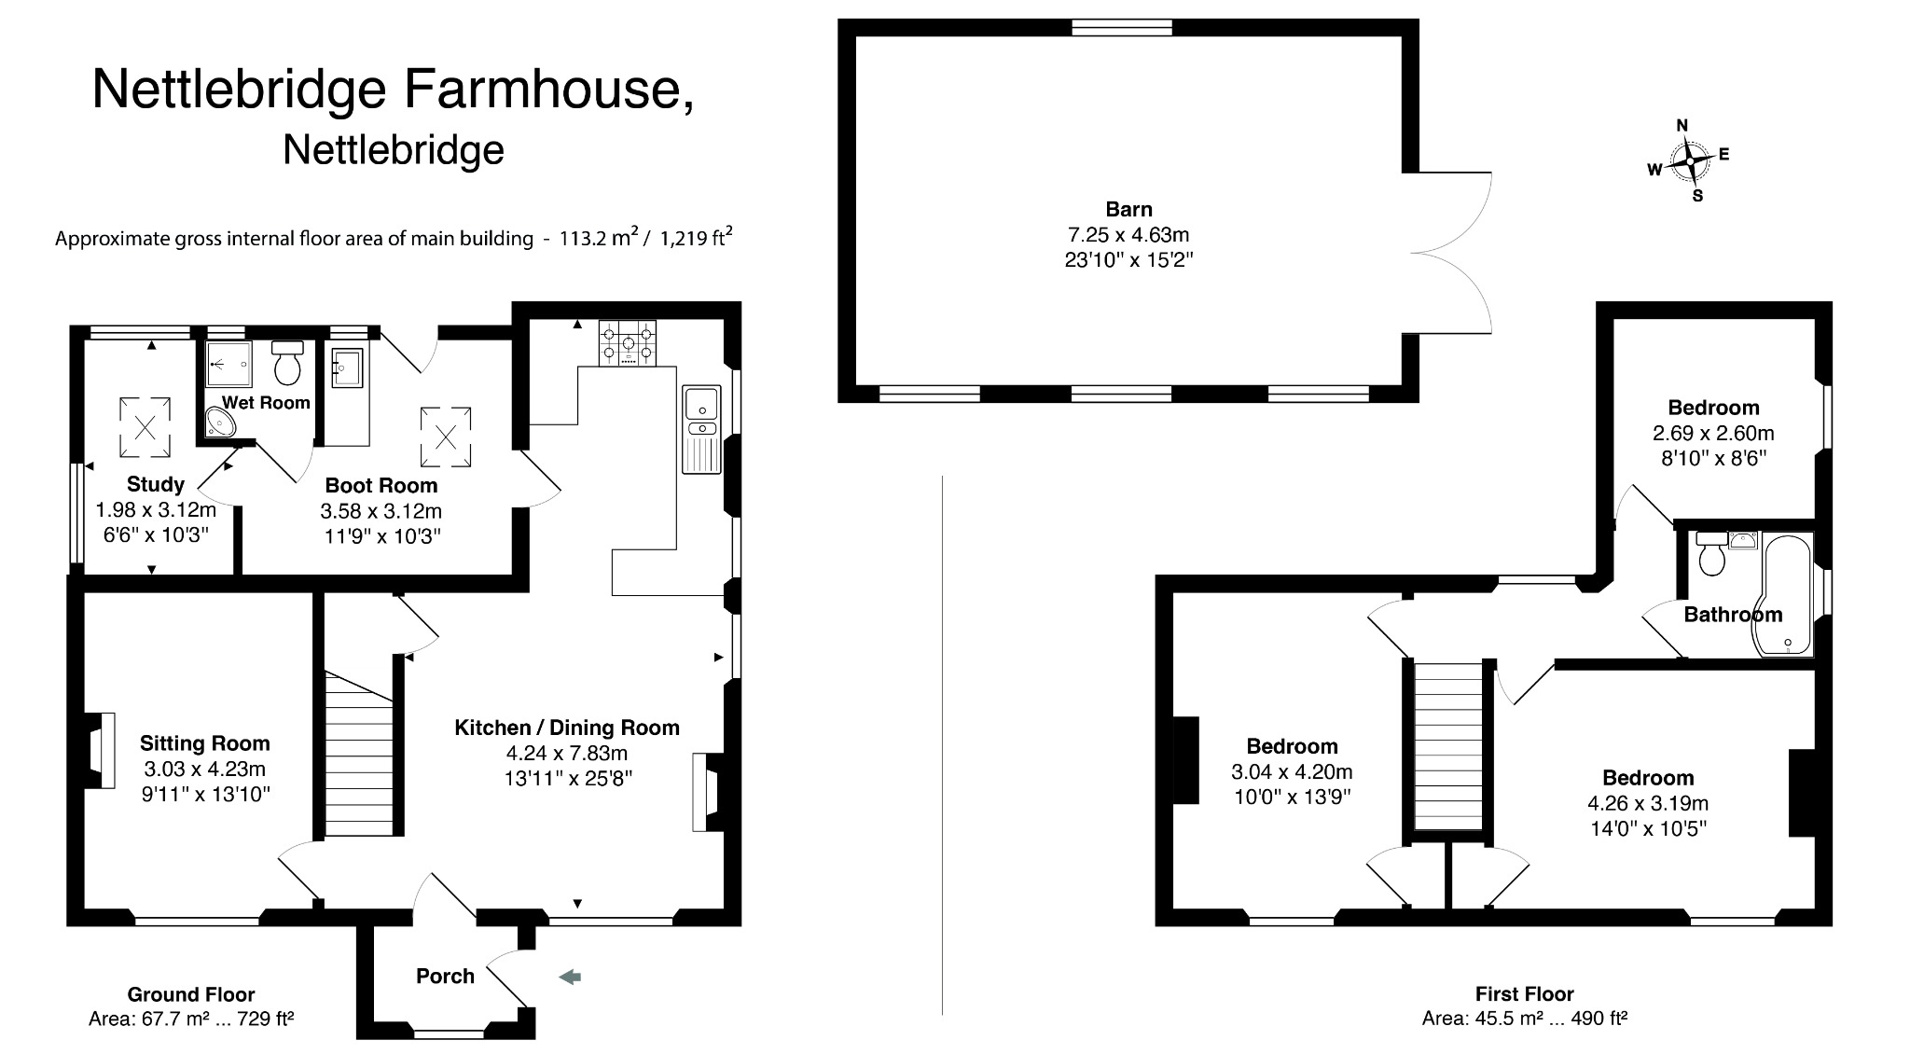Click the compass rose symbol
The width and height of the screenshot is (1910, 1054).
coord(1689,161)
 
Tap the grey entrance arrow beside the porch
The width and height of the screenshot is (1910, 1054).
coord(570,977)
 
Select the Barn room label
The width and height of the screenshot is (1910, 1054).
coord(1128,209)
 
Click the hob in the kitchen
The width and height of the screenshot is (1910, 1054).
coord(628,342)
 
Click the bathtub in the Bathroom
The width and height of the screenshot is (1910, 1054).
coord(1784,594)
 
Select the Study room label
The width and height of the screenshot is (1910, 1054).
coord(156,484)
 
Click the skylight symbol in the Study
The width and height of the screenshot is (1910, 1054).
coord(145,428)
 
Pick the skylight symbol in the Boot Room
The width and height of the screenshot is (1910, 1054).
coord(446,437)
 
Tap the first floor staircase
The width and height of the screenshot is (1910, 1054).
coord(1448,745)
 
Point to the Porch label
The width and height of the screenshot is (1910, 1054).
coord(445,976)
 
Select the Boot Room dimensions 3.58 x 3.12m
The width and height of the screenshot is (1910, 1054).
coord(381,511)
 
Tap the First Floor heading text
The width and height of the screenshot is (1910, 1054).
coord(1524,994)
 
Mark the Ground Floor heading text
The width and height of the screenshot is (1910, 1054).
coord(191,994)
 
